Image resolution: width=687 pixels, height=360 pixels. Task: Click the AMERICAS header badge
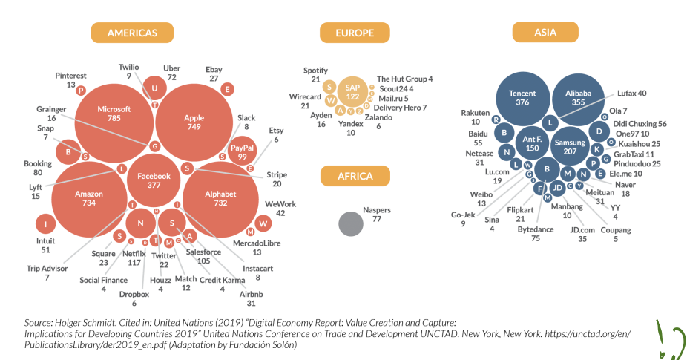(x=132, y=33)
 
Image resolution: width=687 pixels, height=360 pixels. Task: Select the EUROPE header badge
(x=355, y=33)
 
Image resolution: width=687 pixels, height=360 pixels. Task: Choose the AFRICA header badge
(x=355, y=176)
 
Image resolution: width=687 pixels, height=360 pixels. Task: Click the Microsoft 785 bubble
(x=114, y=114)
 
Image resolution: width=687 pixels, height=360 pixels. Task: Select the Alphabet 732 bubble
(x=220, y=197)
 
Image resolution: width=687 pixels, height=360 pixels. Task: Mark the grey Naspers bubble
(x=351, y=224)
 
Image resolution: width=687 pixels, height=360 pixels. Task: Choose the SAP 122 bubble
(x=353, y=93)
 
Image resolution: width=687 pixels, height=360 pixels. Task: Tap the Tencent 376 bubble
(x=522, y=98)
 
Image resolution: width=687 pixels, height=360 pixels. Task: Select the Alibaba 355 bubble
(x=579, y=98)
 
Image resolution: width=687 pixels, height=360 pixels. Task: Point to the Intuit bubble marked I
(x=46, y=224)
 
